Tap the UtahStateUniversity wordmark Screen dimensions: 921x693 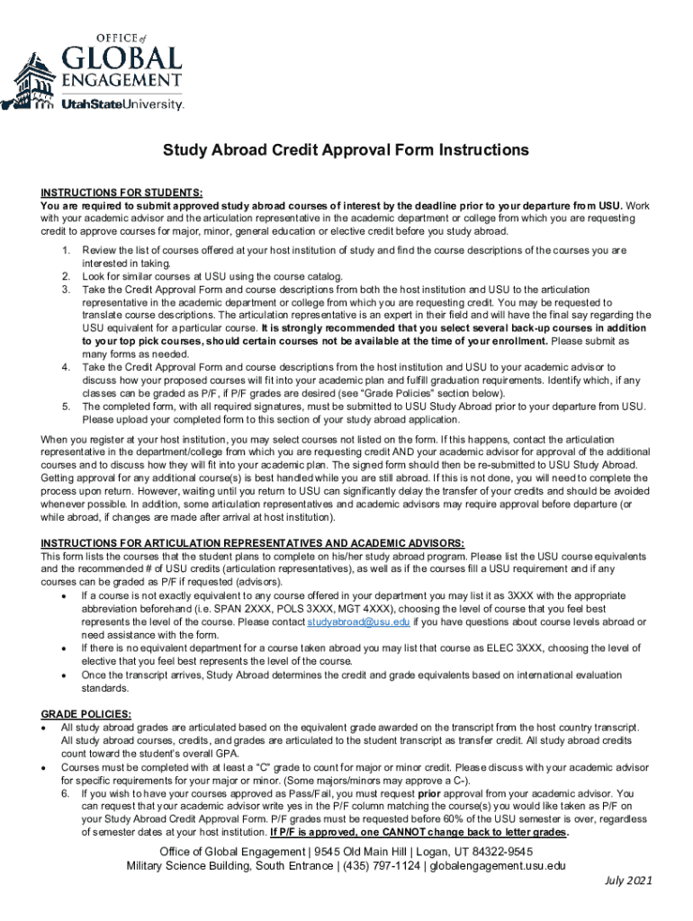click(x=122, y=104)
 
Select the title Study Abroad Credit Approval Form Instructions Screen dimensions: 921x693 click(x=346, y=149)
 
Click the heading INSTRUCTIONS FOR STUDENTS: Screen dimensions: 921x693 click(x=121, y=192)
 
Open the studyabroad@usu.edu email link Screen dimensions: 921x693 click(x=358, y=621)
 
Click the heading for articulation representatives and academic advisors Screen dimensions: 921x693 click(x=252, y=542)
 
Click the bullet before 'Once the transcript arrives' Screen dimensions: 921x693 click(x=62, y=674)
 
